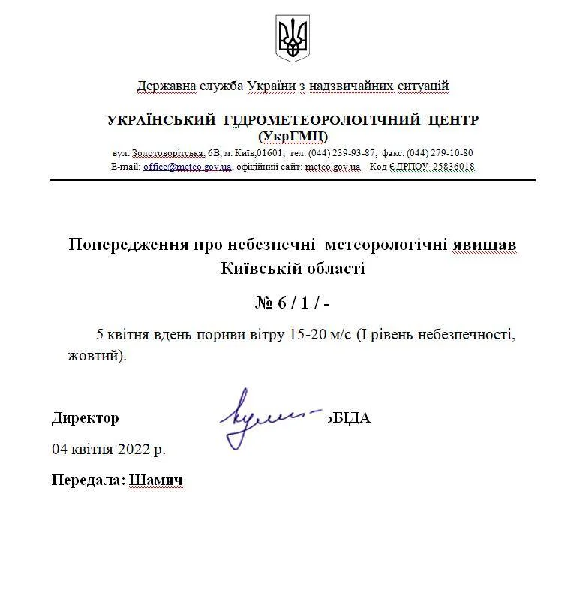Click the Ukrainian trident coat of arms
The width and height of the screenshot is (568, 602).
click(x=293, y=39)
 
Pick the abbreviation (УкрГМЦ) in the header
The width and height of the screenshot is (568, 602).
click(x=293, y=136)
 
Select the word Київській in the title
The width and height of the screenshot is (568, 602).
click(x=255, y=268)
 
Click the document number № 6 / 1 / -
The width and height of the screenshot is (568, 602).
click(x=293, y=303)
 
